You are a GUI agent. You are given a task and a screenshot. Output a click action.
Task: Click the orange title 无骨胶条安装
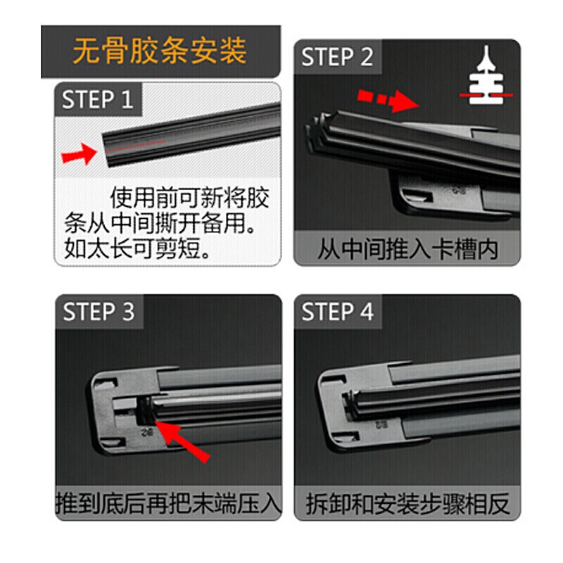point(160,51)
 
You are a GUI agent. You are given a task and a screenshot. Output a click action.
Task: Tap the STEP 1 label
point(97,100)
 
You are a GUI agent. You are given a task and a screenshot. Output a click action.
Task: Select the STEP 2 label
point(337,57)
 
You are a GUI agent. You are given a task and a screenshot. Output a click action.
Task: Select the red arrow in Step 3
point(183,440)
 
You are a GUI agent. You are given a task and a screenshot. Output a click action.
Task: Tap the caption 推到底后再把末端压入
point(169,504)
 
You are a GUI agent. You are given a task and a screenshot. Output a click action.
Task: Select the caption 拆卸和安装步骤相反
point(407,504)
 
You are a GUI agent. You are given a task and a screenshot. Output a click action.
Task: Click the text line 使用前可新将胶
point(190,198)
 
